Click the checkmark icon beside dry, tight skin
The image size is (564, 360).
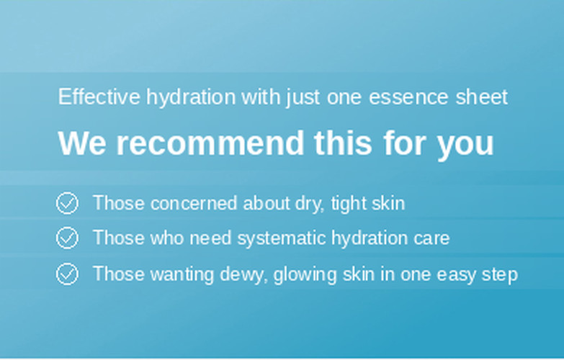[67, 203]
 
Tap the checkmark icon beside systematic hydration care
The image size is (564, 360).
[67, 238]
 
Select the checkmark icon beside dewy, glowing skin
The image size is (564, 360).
[67, 274]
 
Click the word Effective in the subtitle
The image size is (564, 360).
[99, 96]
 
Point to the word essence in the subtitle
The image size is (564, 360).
[408, 97]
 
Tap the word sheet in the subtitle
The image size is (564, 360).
[482, 96]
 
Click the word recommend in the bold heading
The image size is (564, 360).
[210, 143]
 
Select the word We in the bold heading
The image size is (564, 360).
[82, 143]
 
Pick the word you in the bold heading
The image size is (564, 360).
[465, 146]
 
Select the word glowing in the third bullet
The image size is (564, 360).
[305, 275]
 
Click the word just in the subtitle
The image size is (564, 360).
[303, 97]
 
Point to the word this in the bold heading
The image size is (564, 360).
[343, 143]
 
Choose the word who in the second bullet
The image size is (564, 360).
[166, 238]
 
